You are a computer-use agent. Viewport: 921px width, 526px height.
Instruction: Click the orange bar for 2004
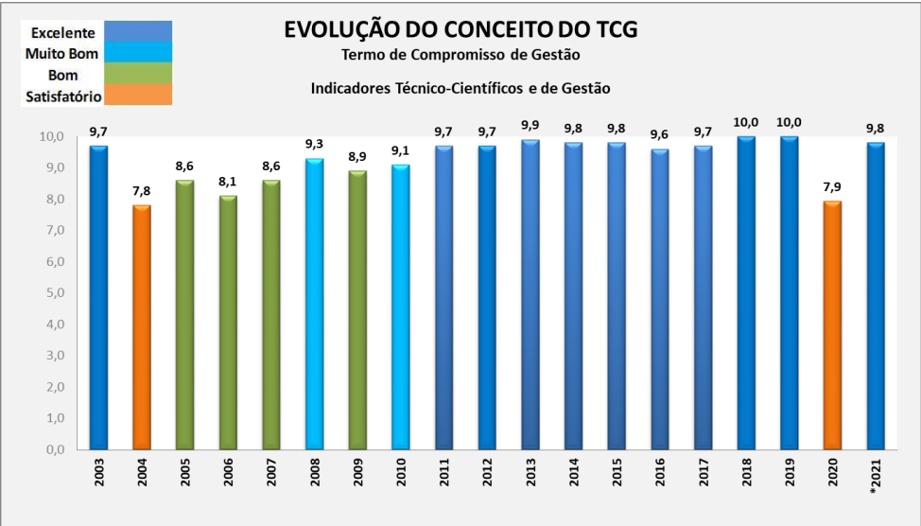pos(142,326)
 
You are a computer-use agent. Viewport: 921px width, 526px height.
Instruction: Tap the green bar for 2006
pos(228,322)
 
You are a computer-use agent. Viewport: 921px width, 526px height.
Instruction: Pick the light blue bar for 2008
pos(315,303)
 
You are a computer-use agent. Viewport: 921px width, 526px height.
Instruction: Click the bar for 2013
pos(530,294)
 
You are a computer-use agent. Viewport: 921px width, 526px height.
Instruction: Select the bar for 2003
pos(98,297)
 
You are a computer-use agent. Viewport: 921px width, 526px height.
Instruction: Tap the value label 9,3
pos(315,144)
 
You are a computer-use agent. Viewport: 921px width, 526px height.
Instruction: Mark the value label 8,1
pos(228,182)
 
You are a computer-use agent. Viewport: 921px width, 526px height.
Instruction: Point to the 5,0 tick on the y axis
pos(50,293)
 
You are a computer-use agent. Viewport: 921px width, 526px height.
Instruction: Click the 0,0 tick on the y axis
pos(50,449)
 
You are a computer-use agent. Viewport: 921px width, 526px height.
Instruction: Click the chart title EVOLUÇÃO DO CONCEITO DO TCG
pos(460,30)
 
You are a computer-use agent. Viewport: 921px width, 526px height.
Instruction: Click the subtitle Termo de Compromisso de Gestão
pos(460,55)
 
